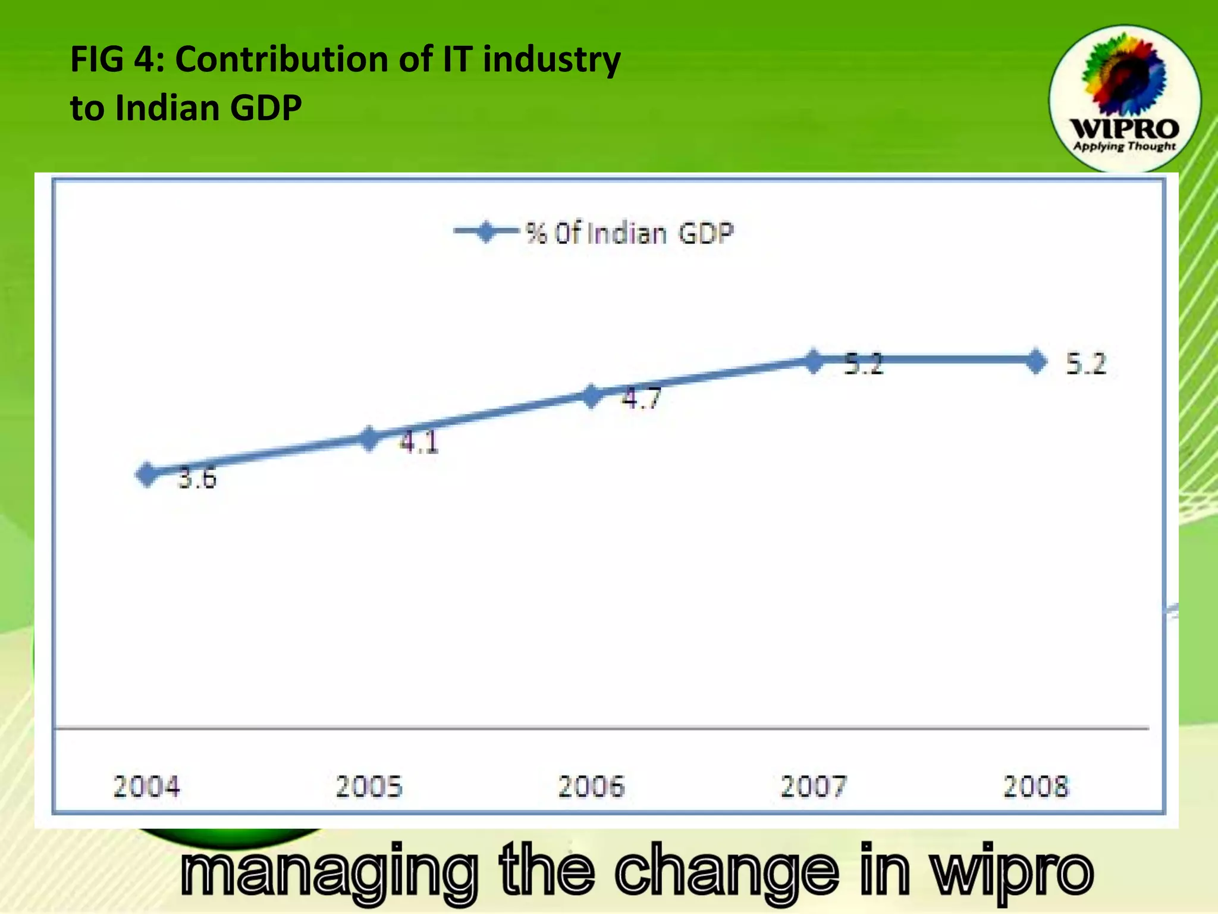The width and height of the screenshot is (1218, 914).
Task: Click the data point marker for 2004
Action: pyautogui.click(x=146, y=474)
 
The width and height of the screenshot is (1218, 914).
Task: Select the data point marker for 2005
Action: pyautogui.click(x=369, y=439)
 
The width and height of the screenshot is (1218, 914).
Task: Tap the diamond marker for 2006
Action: pyautogui.click(x=592, y=396)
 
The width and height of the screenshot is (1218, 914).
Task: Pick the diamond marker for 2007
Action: pyautogui.click(x=814, y=361)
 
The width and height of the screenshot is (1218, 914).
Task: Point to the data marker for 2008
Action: pyautogui.click(x=1036, y=361)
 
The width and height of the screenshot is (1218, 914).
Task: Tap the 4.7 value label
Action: pyautogui.click(x=641, y=398)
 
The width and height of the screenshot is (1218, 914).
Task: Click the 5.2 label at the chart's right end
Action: pyautogui.click(x=1086, y=364)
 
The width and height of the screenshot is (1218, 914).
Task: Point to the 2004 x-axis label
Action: pyautogui.click(x=146, y=787)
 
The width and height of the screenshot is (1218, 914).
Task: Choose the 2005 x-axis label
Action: pyautogui.click(x=369, y=787)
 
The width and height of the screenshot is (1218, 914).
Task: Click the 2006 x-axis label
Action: pyautogui.click(x=592, y=787)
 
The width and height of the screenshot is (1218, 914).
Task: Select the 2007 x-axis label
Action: pyautogui.click(x=814, y=787)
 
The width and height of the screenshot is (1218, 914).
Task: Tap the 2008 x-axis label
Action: pyautogui.click(x=1036, y=787)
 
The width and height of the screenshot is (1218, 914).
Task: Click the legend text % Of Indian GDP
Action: pyautogui.click(x=629, y=233)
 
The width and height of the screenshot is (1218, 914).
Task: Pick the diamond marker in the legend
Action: pyautogui.click(x=486, y=232)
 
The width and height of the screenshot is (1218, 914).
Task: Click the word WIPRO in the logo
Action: pyautogui.click(x=1125, y=129)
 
